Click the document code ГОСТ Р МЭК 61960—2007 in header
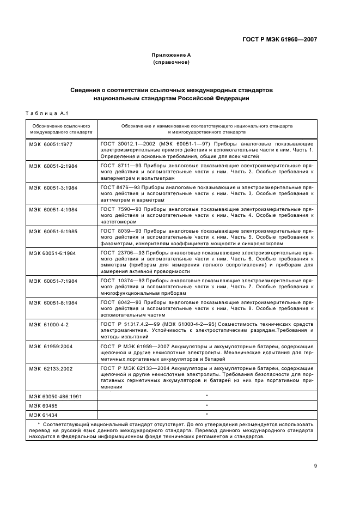[x=279, y=39]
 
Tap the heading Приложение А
[x=171, y=55]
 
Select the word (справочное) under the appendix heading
[x=171, y=62]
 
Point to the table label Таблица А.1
[x=46, y=113]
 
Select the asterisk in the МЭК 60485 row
[x=207, y=406]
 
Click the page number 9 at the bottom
[x=315, y=466]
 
